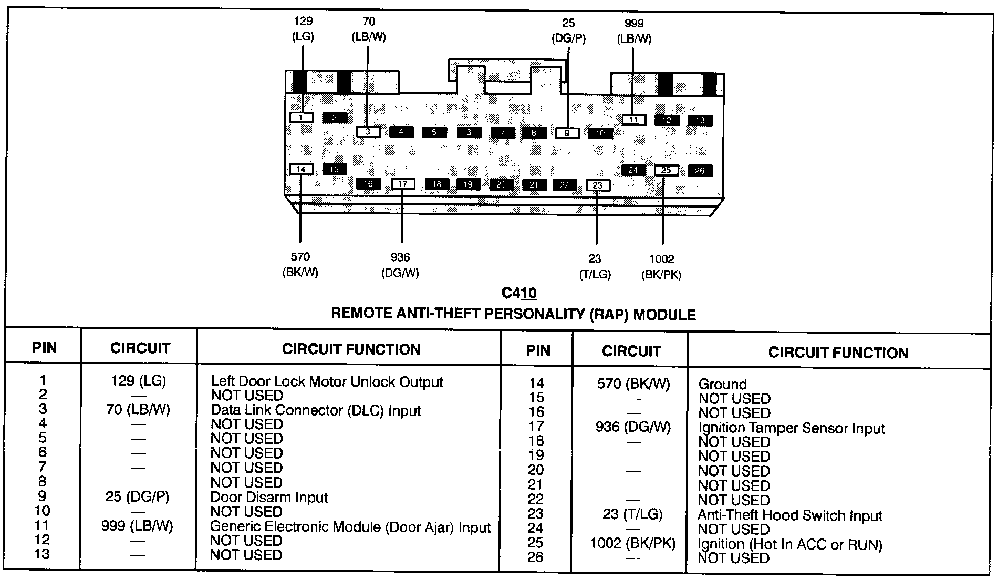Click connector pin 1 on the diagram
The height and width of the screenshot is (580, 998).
coord(301,118)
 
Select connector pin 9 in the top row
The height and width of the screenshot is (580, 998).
coord(567,133)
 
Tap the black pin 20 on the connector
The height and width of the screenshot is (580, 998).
coord(501,184)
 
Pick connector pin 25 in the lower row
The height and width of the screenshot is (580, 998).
coord(666,170)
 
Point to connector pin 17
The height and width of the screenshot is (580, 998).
coord(403,184)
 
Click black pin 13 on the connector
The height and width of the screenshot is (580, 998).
coord(700,120)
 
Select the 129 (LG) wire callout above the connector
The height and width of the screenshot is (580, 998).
coord(303,29)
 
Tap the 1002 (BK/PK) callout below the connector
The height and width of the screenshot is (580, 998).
coord(661,267)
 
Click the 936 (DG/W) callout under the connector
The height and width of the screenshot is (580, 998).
coord(400,265)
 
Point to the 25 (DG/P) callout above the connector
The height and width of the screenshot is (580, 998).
coord(568,30)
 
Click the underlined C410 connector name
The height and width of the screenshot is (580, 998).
coord(519,293)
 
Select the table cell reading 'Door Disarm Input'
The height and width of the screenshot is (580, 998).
coord(269,497)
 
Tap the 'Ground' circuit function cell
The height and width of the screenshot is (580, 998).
coord(722,384)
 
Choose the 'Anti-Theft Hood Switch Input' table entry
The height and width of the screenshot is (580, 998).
coord(789,515)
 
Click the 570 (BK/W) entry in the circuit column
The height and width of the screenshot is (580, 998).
coord(633,384)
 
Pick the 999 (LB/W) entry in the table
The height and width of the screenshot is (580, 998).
coord(137,525)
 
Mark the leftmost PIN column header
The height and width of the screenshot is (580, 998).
coord(44,348)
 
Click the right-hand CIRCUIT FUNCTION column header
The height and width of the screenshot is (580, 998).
coord(838,353)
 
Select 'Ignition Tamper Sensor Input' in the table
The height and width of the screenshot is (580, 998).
coord(791,428)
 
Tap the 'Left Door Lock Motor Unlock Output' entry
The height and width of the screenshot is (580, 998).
coord(327,382)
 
